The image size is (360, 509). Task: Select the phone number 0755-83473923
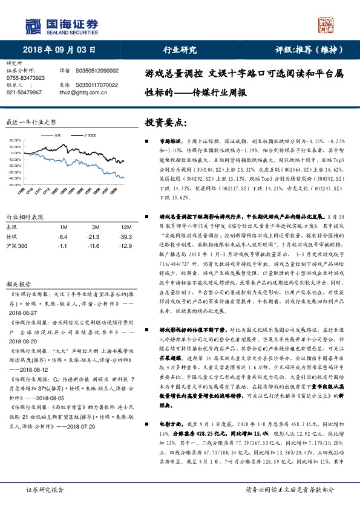(25, 78)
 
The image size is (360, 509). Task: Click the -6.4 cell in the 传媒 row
(62, 236)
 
